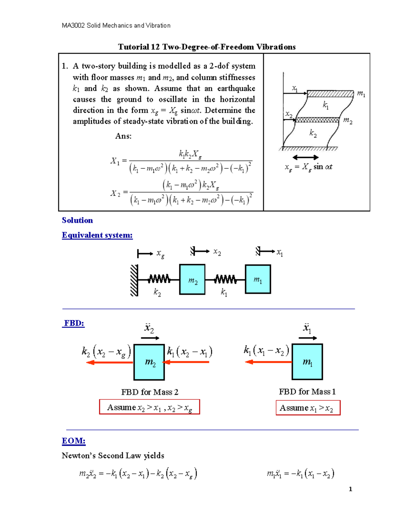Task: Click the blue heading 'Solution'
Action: [x=77, y=220]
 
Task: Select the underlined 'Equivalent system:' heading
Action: [x=97, y=235]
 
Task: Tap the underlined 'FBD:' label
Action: [x=74, y=323]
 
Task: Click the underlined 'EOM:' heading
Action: [x=74, y=441]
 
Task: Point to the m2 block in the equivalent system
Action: [x=192, y=280]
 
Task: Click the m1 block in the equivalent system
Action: [x=258, y=279]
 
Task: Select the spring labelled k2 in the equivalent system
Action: [x=159, y=279]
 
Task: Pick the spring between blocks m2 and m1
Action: [x=225, y=279]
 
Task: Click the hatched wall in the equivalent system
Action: [x=134, y=280]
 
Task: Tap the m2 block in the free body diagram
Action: [x=149, y=362]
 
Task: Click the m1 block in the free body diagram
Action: [x=307, y=362]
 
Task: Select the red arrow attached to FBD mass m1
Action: [x=268, y=362]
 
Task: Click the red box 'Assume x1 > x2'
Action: [x=308, y=408]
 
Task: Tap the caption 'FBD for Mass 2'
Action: [x=150, y=392]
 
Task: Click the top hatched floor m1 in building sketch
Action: [x=330, y=94]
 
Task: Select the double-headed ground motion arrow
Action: [x=305, y=157]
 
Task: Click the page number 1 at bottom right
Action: [x=350, y=489]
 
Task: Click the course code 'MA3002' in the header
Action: [x=73, y=25]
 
